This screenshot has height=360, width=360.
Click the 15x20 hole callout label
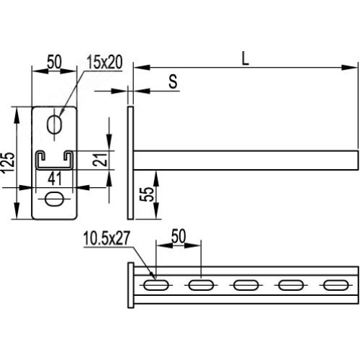pos(104,62)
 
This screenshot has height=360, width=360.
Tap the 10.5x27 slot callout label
pos(107,238)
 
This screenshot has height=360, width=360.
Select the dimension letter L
pos(245,59)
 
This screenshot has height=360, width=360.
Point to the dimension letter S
pos(173,81)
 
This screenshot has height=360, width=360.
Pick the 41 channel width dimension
pos(55,179)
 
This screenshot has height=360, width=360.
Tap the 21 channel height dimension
pos(100,159)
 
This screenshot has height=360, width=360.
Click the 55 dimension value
pos(146,194)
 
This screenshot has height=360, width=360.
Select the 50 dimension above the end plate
pos(54,62)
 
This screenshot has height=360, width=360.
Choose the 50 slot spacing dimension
pos(179,236)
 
